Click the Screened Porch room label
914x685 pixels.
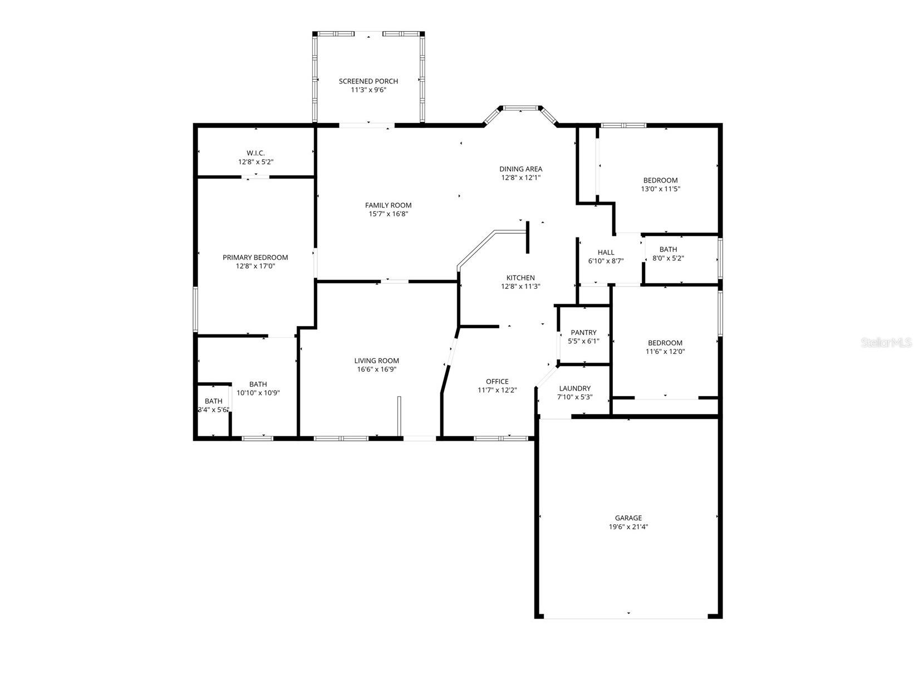(368, 81)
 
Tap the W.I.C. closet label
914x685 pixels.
(255, 153)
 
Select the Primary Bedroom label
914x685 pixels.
(255, 257)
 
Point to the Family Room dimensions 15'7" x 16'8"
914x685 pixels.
(388, 214)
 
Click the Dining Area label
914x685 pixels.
(520, 169)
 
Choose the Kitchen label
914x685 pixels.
(520, 278)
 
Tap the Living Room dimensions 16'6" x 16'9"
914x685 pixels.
(376, 369)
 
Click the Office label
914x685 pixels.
(497, 381)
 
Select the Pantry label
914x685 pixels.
(583, 332)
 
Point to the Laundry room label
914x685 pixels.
(574, 388)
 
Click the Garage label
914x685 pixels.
(628, 518)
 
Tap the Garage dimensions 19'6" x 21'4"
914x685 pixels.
(628, 526)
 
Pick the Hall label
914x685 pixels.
(606, 252)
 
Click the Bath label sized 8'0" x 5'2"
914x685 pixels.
(668, 249)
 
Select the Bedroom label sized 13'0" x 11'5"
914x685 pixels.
(660, 180)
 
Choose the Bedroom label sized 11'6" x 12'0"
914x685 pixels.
(665, 343)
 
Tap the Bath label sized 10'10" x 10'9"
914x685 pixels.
(258, 384)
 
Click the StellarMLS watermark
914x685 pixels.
(886, 343)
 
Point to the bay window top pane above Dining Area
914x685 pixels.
(520, 108)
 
